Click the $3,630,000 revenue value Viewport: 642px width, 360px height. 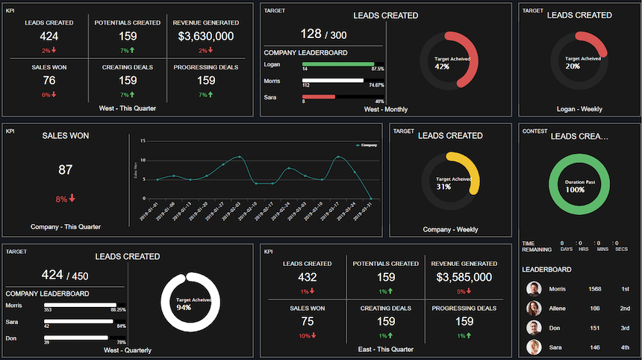[205, 36]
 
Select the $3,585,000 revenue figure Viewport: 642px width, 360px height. [464, 277]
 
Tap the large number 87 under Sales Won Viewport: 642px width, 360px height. [66, 170]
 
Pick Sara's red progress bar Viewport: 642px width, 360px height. [319, 96]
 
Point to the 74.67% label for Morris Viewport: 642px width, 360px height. [375, 85]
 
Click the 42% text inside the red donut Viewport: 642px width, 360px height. [442, 66]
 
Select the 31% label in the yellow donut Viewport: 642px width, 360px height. [443, 187]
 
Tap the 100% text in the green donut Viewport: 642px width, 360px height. [574, 190]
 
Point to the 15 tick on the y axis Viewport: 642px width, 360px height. [143, 140]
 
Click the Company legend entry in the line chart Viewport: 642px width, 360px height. [367, 145]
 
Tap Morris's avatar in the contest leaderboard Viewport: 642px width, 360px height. [534, 289]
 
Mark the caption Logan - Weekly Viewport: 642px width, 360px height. [579, 109]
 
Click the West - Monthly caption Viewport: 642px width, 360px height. [386, 109]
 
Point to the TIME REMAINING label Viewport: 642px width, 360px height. [537, 247]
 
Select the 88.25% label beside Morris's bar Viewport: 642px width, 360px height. [118, 309]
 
